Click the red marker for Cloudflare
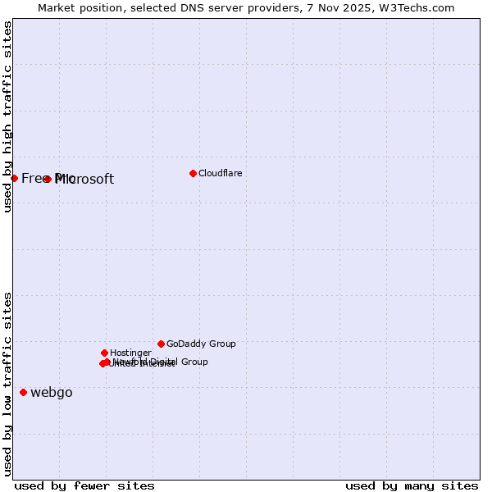point(193,173)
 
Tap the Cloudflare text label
point(220,173)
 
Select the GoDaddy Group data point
point(161,344)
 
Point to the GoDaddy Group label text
point(201,344)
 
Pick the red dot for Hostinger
point(104,353)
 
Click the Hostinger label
point(130,353)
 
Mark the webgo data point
point(23,392)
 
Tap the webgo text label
point(52,393)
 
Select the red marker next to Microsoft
point(48,179)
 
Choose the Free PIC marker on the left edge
point(14,178)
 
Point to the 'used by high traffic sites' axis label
point(7,116)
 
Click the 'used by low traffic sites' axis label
point(7,383)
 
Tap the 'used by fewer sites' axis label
point(84,486)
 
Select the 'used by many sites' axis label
point(412,486)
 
